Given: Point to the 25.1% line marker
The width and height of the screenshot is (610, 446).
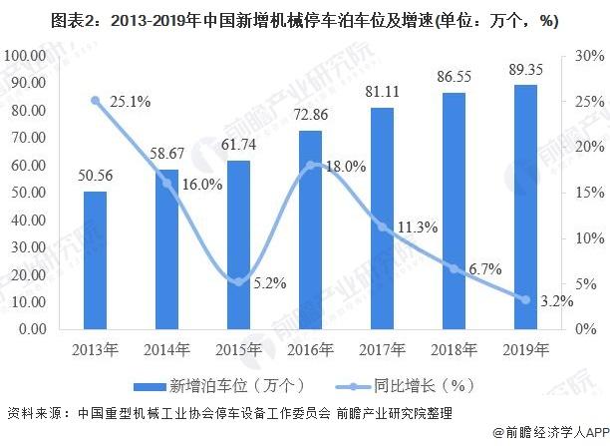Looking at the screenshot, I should [95, 100].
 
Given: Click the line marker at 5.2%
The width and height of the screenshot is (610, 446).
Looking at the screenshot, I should [237, 281].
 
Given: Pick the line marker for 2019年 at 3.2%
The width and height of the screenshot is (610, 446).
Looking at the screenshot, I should [524, 299].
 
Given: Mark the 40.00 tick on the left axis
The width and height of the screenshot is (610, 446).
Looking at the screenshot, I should [29, 219].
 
